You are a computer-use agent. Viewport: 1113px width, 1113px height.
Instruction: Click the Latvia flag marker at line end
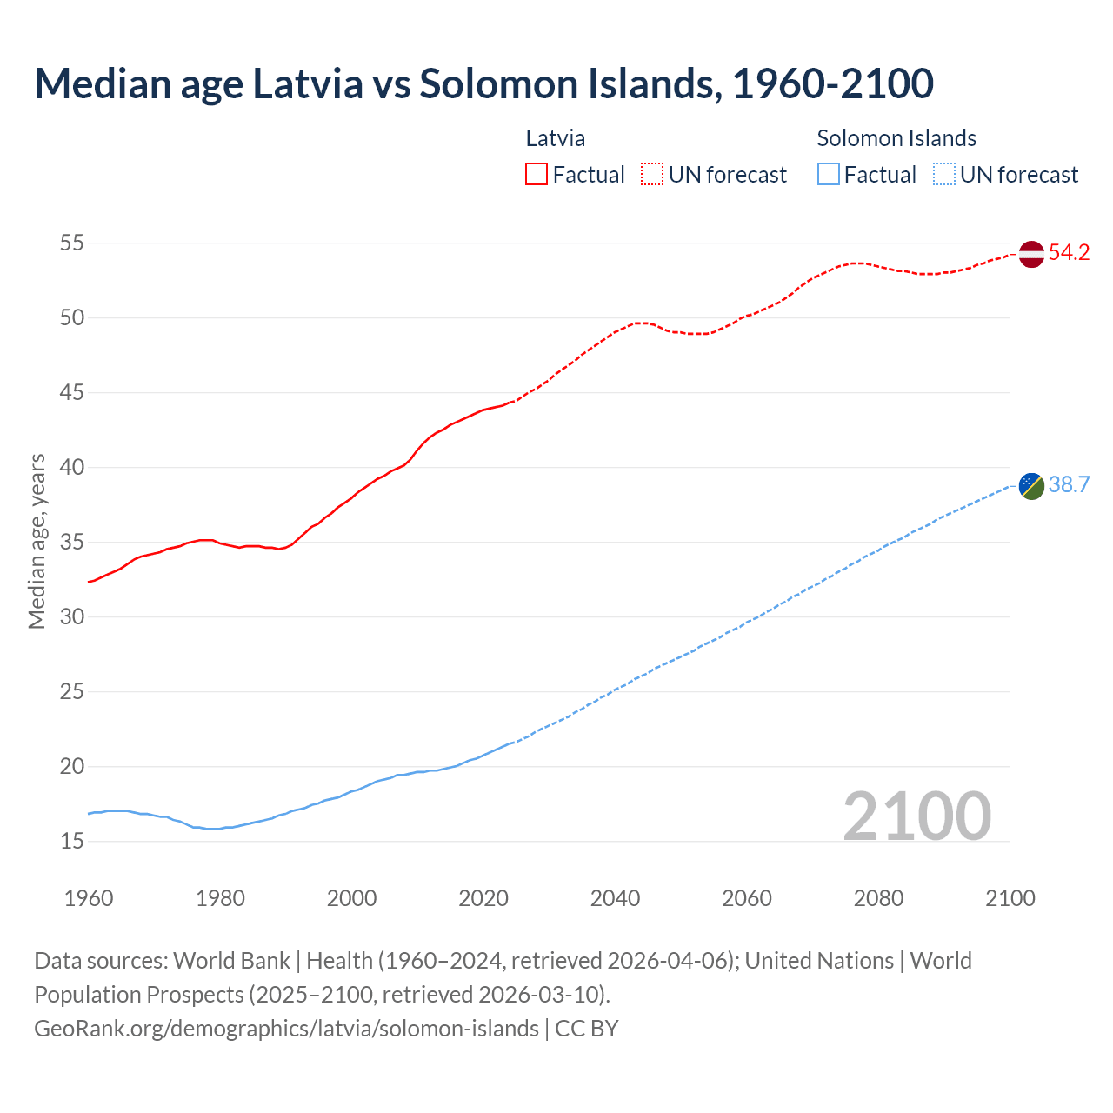[x=1030, y=254]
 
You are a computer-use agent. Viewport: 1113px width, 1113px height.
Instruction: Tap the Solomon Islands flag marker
[x=1030, y=486]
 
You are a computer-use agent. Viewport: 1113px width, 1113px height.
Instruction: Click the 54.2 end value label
[x=1069, y=253]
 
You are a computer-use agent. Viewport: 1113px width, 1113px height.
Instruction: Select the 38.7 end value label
[x=1069, y=485]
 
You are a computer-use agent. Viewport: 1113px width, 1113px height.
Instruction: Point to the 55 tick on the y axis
[x=71, y=243]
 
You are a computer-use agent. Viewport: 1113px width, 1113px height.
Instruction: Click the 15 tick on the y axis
[x=71, y=841]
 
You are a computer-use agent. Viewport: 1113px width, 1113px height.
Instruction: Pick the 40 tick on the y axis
[x=71, y=467]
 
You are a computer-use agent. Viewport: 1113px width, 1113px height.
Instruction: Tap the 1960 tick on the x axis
[x=89, y=898]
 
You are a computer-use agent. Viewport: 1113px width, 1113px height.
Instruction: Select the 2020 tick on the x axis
[x=483, y=898]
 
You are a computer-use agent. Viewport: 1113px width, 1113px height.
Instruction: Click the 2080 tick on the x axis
[x=878, y=898]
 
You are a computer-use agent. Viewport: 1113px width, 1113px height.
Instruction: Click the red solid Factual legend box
[x=537, y=174]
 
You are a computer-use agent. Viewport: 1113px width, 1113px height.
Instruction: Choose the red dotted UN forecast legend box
[x=652, y=174]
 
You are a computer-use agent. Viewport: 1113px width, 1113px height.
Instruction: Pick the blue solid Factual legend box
[x=829, y=174]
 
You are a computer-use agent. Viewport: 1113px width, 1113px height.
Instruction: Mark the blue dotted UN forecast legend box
[x=944, y=174]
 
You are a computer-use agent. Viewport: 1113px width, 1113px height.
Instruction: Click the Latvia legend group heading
[x=556, y=138]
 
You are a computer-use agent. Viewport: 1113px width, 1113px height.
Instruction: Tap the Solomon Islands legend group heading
[x=896, y=138]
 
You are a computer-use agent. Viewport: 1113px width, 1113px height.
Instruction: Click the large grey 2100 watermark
[x=917, y=816]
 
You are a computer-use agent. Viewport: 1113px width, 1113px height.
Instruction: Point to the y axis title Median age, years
[x=37, y=541]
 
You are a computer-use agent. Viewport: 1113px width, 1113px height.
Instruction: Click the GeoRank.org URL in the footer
[x=286, y=1028]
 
